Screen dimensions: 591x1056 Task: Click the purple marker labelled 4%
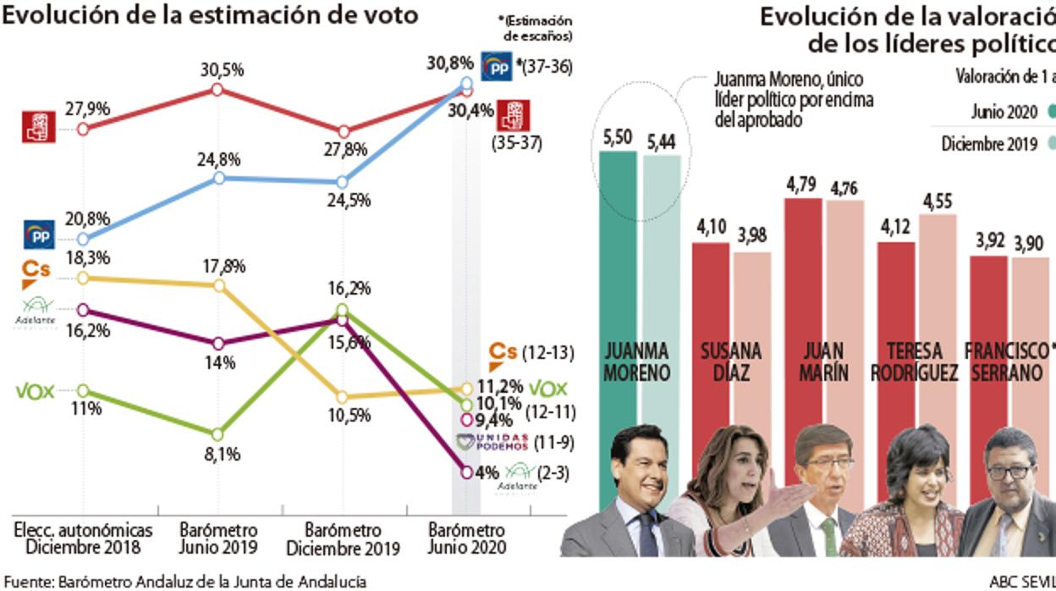[x=466, y=472]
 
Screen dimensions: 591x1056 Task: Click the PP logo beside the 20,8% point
[x=39, y=235]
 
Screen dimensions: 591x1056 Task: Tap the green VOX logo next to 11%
[x=35, y=391]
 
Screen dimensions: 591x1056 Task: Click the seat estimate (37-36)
[x=546, y=65]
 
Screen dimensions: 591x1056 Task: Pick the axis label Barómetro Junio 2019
[x=218, y=539]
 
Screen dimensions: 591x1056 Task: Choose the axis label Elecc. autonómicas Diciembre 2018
[x=84, y=539]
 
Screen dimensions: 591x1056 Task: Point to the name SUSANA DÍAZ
[x=731, y=362]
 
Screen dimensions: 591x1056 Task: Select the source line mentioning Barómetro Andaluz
[x=184, y=582]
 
